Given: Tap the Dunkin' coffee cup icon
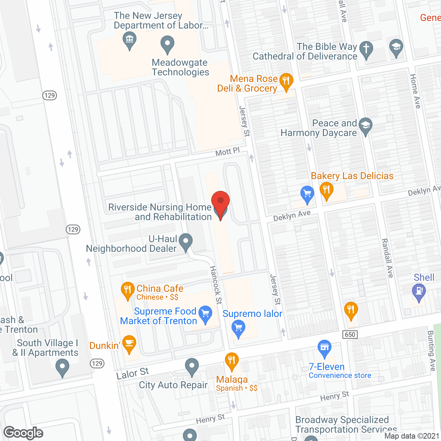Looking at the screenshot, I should pyautogui.click(x=129, y=344).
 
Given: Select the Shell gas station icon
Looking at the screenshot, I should pyautogui.click(x=419, y=291).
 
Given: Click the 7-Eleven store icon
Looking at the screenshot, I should pyautogui.click(x=325, y=348).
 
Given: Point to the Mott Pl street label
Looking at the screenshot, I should pyautogui.click(x=227, y=152).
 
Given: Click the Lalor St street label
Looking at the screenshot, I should pyautogui.click(x=132, y=373).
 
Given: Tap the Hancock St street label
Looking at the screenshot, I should pyautogui.click(x=216, y=285).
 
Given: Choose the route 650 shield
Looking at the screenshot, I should pyautogui.click(x=350, y=335).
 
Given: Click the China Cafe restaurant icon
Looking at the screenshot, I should pyautogui.click(x=127, y=290).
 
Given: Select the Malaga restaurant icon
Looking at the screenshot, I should pyautogui.click(x=232, y=361).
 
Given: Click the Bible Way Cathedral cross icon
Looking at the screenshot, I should pyautogui.click(x=366, y=49).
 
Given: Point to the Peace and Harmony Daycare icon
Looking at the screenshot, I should pyautogui.click(x=366, y=126).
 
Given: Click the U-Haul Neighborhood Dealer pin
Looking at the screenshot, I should pyautogui.click(x=186, y=242).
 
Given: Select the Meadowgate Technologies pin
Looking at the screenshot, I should pyautogui.click(x=167, y=44).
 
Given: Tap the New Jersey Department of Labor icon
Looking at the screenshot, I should pyautogui.click(x=130, y=40).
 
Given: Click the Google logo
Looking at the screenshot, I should pyautogui.click(x=23, y=433).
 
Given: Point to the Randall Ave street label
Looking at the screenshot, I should pyautogui.click(x=387, y=258).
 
